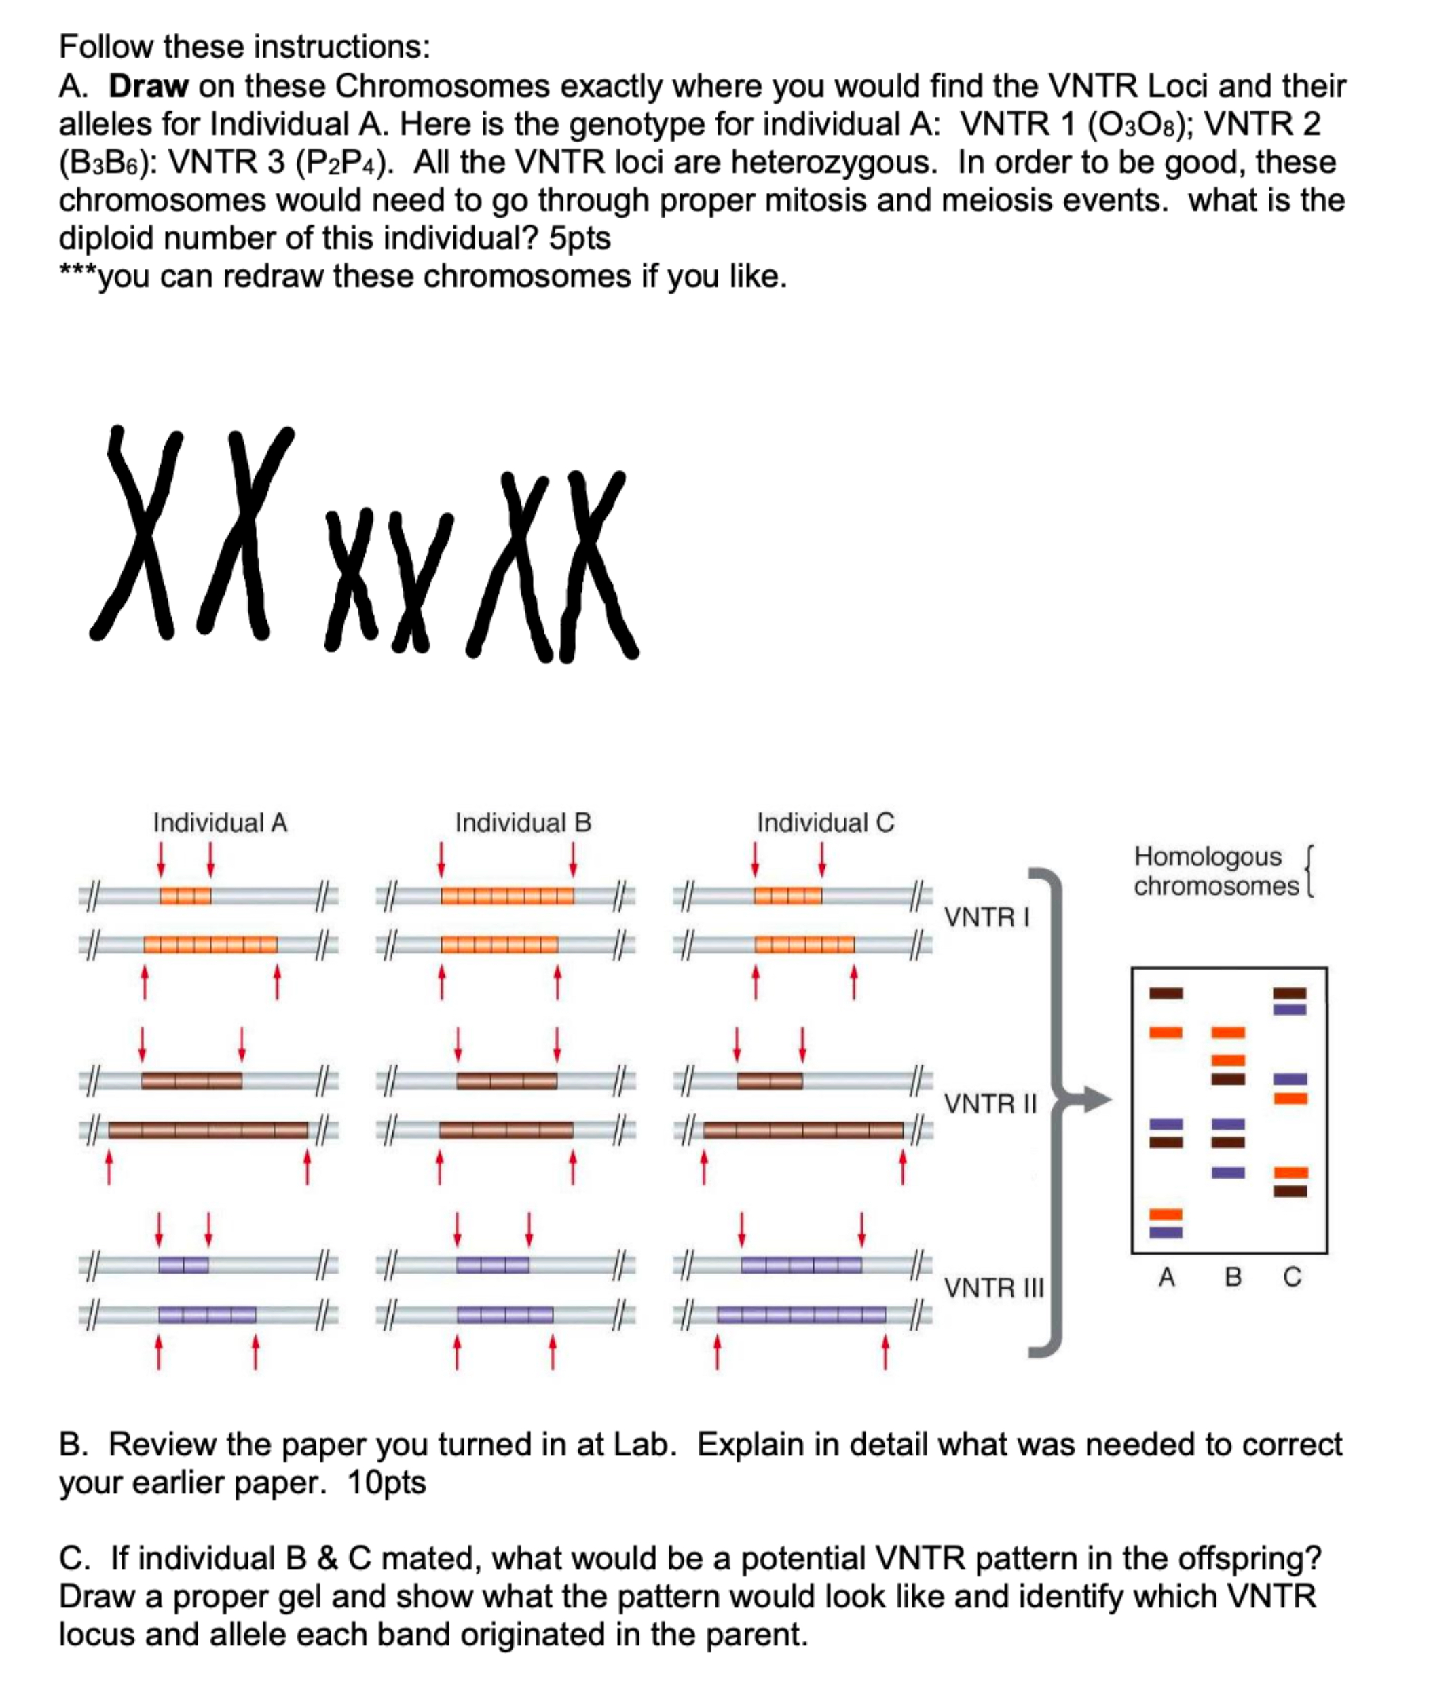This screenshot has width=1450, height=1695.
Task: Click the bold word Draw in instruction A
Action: (x=149, y=86)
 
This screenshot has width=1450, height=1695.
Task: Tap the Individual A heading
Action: (x=220, y=822)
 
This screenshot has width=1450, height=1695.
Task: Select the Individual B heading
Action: (x=523, y=822)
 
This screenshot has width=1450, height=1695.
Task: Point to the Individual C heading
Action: (x=825, y=822)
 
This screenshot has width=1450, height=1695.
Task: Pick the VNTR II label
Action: (x=990, y=1105)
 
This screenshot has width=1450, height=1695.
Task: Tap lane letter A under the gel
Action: (x=1166, y=1277)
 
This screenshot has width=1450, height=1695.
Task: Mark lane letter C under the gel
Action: (x=1292, y=1277)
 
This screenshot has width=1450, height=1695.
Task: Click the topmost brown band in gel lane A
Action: (x=1166, y=993)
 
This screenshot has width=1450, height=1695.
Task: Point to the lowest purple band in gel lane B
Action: (x=1228, y=1173)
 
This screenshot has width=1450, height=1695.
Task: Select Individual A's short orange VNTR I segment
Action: (x=185, y=896)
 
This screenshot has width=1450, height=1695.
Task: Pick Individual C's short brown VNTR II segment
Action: (x=769, y=1081)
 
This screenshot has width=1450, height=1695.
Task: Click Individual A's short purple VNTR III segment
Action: (x=183, y=1265)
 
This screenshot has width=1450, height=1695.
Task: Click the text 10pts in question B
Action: (x=386, y=1483)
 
